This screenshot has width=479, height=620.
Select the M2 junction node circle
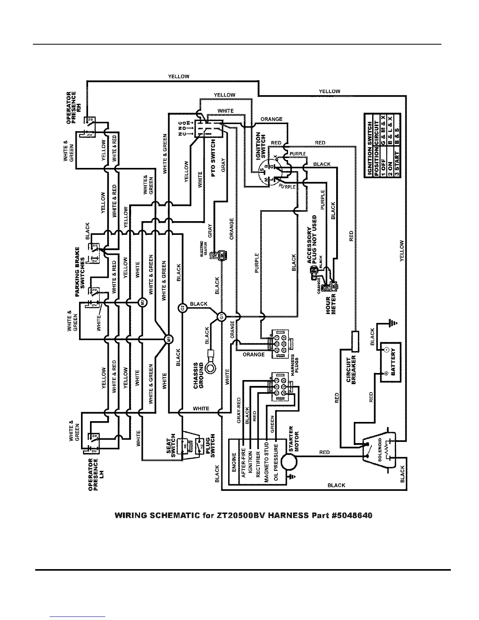coord(143,302)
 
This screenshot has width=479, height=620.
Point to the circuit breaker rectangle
coord(356,341)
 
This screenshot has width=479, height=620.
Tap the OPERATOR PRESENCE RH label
coord(73,108)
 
